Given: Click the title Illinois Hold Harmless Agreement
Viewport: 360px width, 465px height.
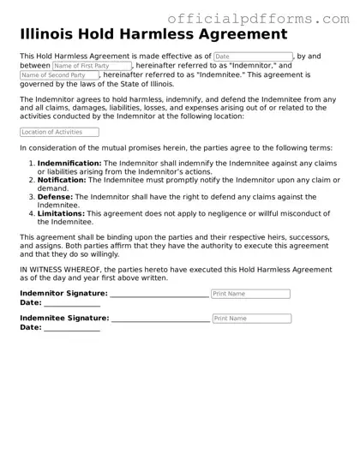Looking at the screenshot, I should (153, 35).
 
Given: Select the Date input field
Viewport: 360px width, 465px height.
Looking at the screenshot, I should (253, 57).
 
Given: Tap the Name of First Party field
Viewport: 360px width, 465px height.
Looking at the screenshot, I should (92, 66).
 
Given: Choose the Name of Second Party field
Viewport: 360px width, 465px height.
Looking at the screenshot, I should (60, 75).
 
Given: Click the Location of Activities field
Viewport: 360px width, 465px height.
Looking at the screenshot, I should (59, 132).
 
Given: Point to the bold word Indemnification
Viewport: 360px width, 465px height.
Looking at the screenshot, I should (69, 163).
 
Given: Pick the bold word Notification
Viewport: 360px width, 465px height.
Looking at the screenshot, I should (63, 180).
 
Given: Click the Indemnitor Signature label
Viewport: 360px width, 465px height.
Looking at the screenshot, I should (63, 294).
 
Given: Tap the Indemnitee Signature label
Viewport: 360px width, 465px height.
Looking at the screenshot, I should (64, 318).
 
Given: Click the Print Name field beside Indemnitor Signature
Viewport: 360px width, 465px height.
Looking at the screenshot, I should (250, 294).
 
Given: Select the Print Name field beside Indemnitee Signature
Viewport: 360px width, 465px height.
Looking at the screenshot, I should (251, 319).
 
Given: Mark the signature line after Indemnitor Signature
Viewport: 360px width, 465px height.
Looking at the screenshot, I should (159, 296).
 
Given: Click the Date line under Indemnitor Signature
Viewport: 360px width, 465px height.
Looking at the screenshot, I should (72, 305).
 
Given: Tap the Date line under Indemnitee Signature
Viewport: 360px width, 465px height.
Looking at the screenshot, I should (72, 330).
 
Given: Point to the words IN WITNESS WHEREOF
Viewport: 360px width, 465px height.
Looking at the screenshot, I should (57, 269).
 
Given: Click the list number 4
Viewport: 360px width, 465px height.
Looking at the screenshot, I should (31, 212).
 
